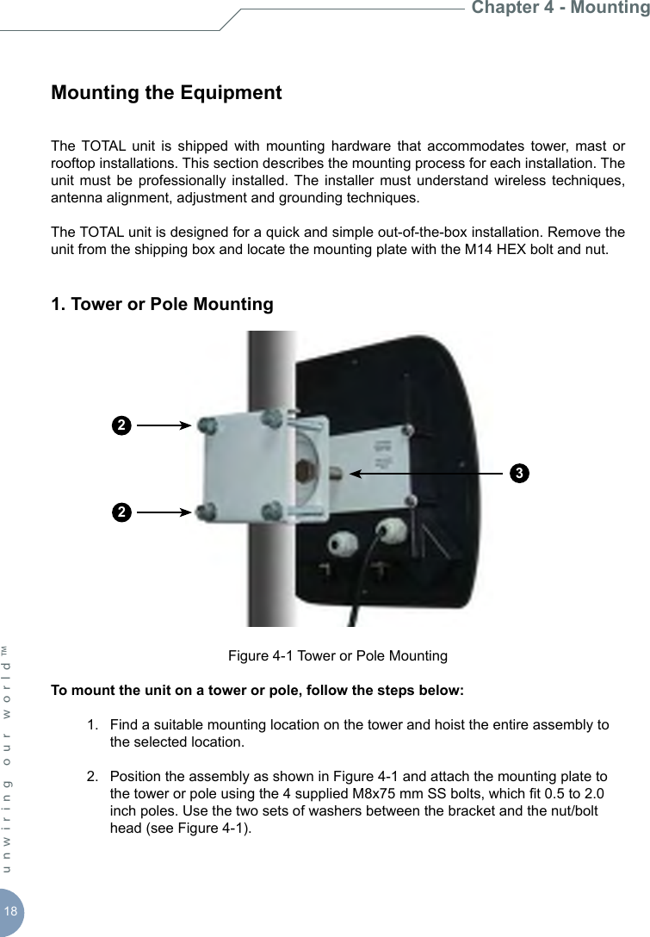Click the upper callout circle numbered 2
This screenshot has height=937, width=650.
(x=122, y=425)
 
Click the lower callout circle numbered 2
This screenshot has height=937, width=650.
(x=122, y=512)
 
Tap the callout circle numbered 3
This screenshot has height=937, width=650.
(x=517, y=473)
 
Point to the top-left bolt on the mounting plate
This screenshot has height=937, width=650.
(x=207, y=425)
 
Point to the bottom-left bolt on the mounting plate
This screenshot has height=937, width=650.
(x=207, y=512)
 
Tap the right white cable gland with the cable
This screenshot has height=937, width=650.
(x=390, y=527)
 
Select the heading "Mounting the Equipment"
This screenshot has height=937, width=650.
(x=166, y=92)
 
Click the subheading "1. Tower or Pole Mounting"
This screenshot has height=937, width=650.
(x=162, y=304)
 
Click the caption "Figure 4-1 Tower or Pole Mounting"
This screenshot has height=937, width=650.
(x=337, y=656)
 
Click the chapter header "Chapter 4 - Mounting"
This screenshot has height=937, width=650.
(x=560, y=9)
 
